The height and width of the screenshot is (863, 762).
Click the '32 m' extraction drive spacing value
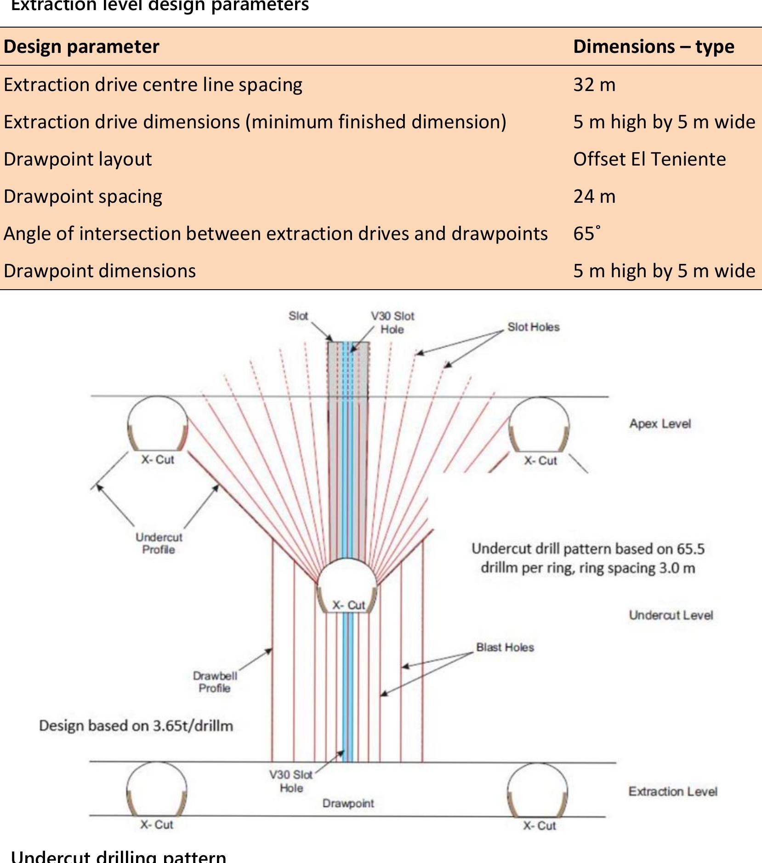click(x=594, y=85)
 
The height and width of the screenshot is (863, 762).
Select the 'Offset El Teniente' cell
click(x=649, y=159)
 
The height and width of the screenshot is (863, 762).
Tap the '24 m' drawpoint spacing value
click(x=594, y=196)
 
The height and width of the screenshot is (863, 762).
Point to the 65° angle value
click(x=586, y=233)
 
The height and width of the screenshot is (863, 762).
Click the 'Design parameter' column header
click(x=81, y=46)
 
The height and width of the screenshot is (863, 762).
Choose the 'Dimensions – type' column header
click(x=653, y=46)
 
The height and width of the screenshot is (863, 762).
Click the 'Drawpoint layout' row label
click(x=78, y=159)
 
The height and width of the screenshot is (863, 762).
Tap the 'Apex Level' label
click(x=660, y=423)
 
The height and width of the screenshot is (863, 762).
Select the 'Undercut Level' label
click(x=671, y=615)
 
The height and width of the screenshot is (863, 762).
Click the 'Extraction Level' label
click(x=672, y=791)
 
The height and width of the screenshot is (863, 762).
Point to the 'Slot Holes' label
click(x=533, y=327)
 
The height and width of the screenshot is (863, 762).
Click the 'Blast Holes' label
click(x=505, y=647)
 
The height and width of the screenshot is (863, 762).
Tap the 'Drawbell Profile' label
click(x=215, y=682)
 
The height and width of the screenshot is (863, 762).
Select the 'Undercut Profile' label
click(x=159, y=543)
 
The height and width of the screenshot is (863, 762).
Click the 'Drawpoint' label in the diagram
click(x=348, y=803)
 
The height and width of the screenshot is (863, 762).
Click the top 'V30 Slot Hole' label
click(x=392, y=322)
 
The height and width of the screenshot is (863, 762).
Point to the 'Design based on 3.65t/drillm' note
click(x=136, y=726)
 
